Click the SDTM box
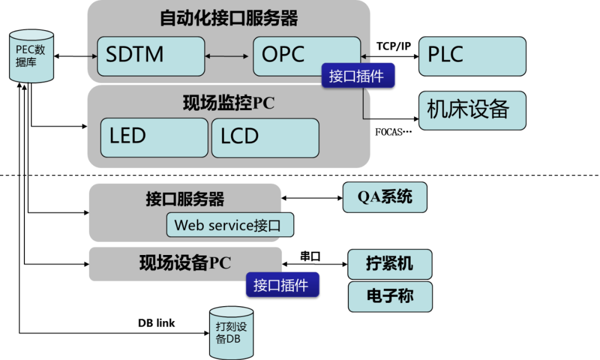[151, 56]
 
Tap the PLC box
[472, 56]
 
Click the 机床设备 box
[472, 111]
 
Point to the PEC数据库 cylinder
[32, 56]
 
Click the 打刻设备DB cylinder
[231, 332]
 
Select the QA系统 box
[384, 197]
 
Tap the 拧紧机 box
[389, 264]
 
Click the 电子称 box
[389, 296]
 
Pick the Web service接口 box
[229, 225]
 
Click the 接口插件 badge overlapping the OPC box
[358, 76]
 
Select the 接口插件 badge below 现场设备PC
[282, 285]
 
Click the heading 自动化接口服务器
[228, 18]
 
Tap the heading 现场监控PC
[228, 103]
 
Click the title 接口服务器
[185, 199]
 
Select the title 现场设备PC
[185, 263]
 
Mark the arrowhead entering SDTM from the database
[94, 56]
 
